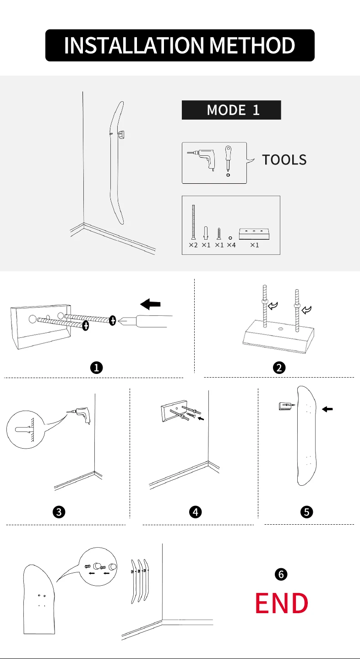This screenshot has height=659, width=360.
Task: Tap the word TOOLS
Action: point(284,159)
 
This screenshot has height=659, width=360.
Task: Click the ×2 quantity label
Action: point(193,245)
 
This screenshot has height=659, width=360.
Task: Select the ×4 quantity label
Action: point(231,245)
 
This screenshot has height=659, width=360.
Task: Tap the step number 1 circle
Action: point(96,367)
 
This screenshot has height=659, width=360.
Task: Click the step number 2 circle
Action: point(279,367)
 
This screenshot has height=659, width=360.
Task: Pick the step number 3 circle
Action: point(58,512)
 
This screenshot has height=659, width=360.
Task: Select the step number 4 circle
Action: point(196,512)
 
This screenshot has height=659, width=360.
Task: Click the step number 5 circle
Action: point(307,512)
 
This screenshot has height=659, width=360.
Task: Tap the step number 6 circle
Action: point(281,574)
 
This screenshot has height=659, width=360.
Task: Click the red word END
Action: point(281,603)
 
